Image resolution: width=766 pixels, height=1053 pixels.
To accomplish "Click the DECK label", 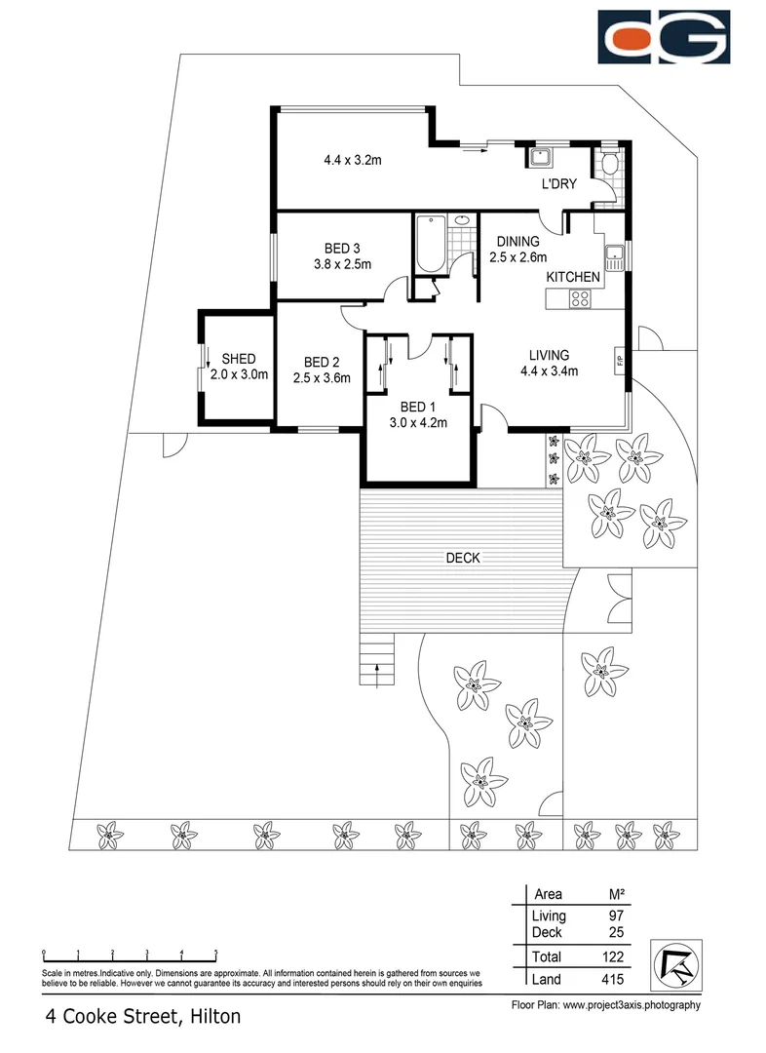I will (x=462, y=558).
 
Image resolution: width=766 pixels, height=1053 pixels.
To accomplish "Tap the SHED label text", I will (x=238, y=359).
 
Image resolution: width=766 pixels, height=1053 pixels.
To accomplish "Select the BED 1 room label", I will (x=419, y=408).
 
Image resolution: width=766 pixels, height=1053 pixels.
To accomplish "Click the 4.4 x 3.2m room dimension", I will (x=352, y=160).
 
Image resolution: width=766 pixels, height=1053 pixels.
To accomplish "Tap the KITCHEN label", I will (x=572, y=278).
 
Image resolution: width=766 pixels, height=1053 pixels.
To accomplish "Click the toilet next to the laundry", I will (x=610, y=162).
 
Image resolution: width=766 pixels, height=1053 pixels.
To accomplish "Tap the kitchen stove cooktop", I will (x=583, y=299).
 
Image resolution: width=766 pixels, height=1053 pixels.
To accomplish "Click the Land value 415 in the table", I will (x=613, y=979).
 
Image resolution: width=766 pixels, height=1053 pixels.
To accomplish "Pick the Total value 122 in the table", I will (x=613, y=956).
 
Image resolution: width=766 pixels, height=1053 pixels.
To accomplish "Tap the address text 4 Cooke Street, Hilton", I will (x=142, y=1017).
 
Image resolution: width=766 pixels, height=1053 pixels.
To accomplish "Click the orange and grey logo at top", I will (x=663, y=37).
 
